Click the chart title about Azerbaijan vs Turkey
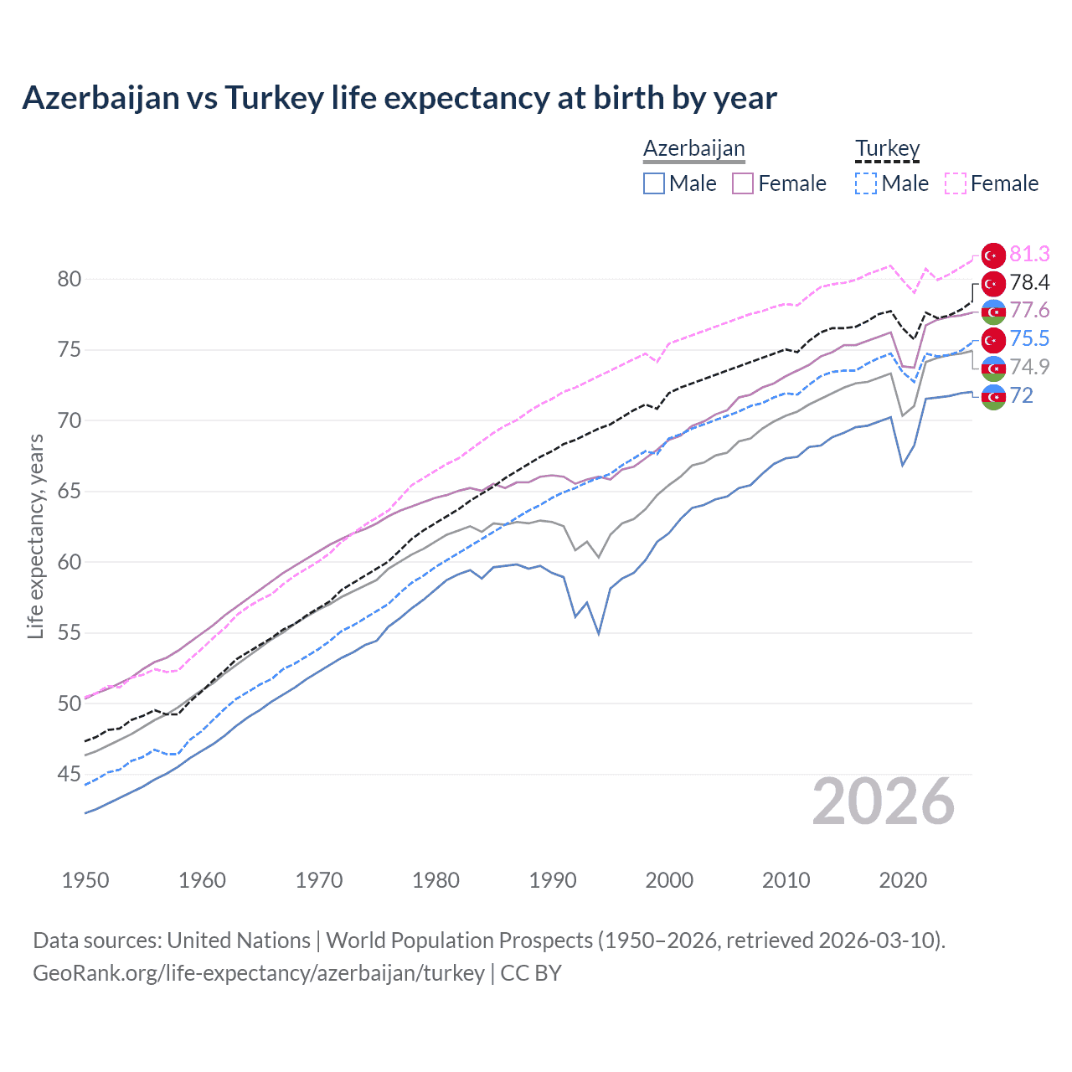399,98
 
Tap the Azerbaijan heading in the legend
693,148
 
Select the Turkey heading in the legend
887,148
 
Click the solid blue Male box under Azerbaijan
654,183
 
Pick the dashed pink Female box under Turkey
955,183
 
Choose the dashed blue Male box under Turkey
866,183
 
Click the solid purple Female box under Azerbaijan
743,183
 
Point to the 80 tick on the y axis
69,279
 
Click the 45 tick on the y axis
69,774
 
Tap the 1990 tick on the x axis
553,880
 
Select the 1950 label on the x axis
85,880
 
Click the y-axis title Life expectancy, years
35,536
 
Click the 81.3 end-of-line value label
1029,254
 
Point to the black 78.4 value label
1029,282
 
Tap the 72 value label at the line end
1022,395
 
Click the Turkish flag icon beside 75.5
993,339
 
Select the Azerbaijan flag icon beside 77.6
993,311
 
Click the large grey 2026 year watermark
884,801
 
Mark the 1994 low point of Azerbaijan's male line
599,633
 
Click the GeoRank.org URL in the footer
259,973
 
